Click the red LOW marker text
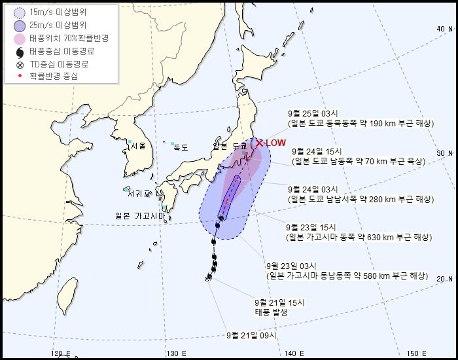275,143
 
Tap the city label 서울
138,146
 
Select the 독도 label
180,148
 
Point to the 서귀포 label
139,194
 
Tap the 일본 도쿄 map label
230,146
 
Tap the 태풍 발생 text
271,312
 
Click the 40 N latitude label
445,29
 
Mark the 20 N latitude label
445,279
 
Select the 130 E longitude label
173,353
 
